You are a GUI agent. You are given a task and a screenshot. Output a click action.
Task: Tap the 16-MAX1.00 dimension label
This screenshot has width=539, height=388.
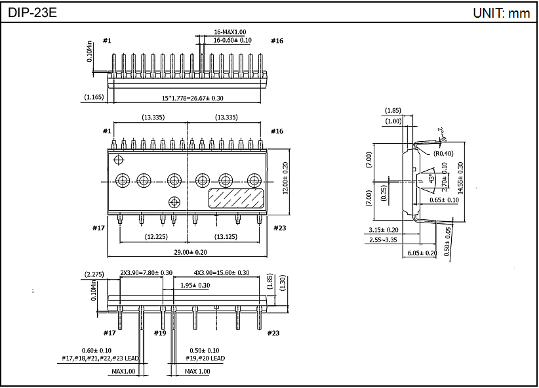click(x=230, y=32)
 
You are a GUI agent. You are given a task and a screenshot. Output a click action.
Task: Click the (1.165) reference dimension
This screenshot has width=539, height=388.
click(x=94, y=98)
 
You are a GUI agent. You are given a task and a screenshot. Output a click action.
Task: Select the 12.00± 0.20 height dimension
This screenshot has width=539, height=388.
click(x=285, y=179)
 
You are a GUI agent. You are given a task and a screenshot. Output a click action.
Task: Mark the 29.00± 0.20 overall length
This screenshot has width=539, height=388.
click(x=187, y=253)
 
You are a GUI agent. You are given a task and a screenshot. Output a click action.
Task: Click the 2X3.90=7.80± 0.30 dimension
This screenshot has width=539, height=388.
click(x=146, y=272)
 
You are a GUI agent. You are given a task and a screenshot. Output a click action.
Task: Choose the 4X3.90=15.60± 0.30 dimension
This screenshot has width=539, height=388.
click(x=221, y=272)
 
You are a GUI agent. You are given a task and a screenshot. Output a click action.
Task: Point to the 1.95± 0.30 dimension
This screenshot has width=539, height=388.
click(x=195, y=285)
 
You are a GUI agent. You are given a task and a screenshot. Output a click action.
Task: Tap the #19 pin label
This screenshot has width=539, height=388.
click(x=160, y=333)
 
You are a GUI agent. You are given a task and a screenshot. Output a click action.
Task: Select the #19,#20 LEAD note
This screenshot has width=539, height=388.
click(x=207, y=358)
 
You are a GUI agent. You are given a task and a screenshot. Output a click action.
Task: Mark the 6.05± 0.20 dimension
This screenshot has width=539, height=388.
click(x=422, y=253)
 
